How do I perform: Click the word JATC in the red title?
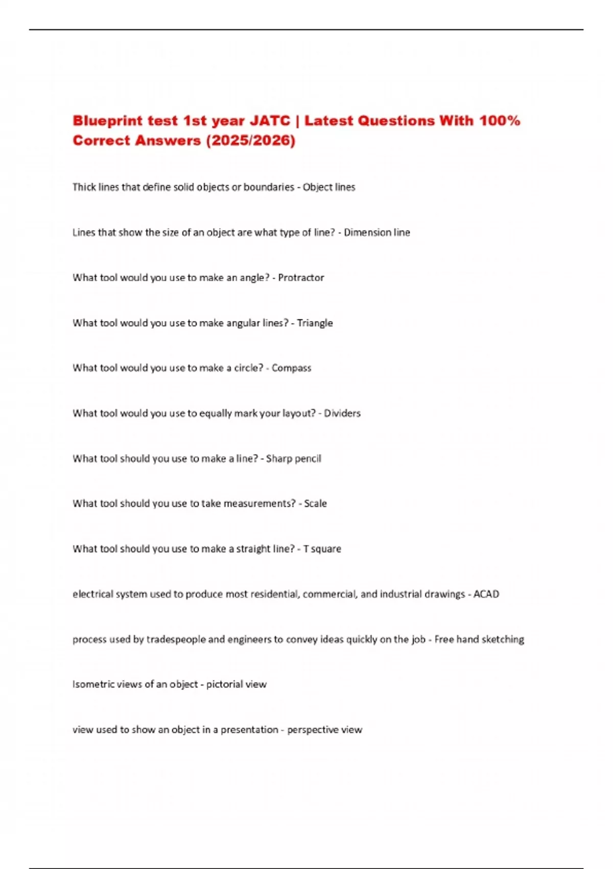270,121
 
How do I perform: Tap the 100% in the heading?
500,121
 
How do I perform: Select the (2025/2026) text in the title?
250,141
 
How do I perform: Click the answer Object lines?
329,187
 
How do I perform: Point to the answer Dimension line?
377,233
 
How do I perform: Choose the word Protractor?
301,278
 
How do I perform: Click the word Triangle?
315,323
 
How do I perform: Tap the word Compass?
291,368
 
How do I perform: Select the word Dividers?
342,413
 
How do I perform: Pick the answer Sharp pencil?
294,459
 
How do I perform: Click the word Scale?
315,504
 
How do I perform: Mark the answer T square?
322,549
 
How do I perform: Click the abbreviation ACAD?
486,594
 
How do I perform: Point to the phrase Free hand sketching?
479,639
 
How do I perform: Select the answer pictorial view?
237,684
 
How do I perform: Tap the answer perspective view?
324,730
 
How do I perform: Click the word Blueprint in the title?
107,121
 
